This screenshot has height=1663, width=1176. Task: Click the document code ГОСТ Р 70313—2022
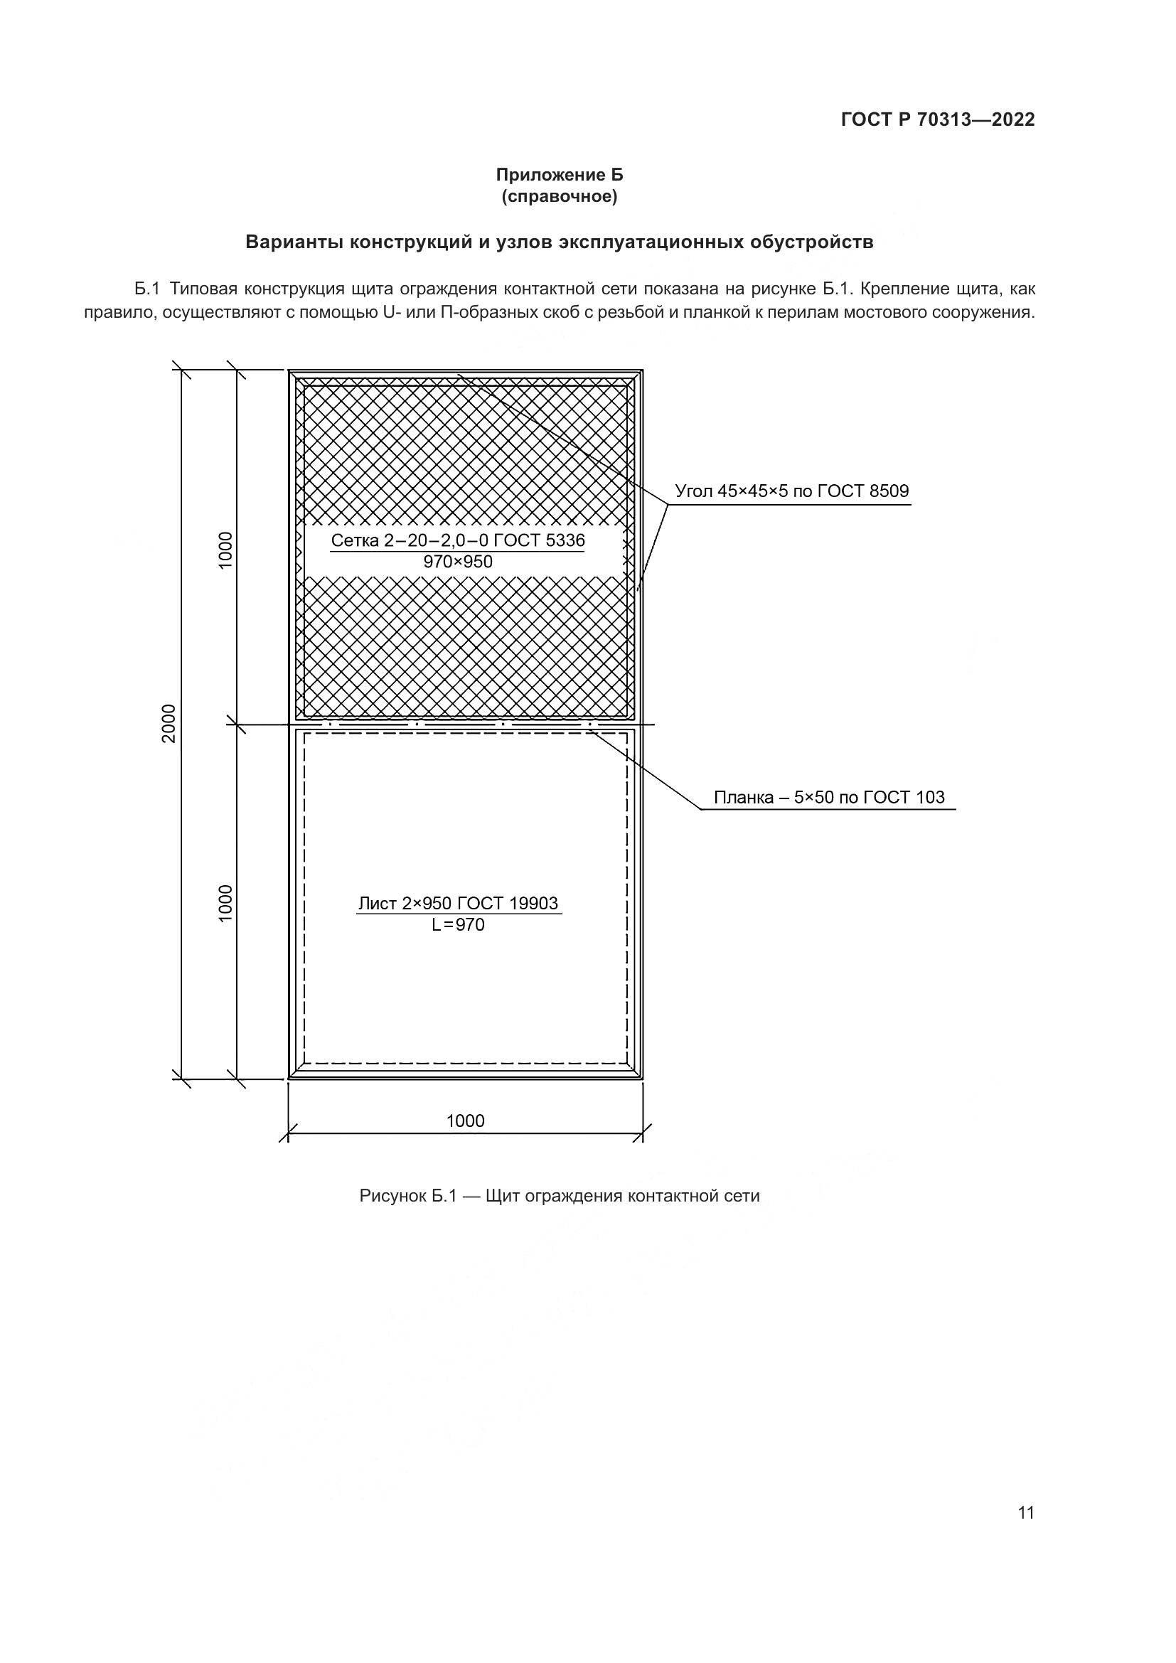pyautogui.click(x=938, y=119)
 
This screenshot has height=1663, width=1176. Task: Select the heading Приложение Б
pyautogui.click(x=559, y=175)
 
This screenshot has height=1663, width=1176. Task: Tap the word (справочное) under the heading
pyautogui.click(x=559, y=196)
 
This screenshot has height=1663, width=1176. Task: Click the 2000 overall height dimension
pyautogui.click(x=169, y=723)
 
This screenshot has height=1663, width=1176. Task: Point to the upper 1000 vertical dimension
pyautogui.click(x=226, y=550)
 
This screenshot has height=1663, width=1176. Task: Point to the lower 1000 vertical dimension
pyautogui.click(x=226, y=902)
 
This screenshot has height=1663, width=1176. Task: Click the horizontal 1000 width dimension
pyautogui.click(x=465, y=1121)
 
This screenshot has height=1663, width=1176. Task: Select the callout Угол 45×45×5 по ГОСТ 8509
pyautogui.click(x=791, y=491)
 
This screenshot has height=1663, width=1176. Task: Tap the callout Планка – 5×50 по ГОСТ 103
pyautogui.click(x=829, y=798)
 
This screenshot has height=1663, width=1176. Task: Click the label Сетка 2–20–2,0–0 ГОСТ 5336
pyautogui.click(x=458, y=540)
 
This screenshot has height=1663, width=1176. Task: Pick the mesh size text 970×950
pyautogui.click(x=458, y=562)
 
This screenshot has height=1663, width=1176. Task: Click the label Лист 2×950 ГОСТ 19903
pyautogui.click(x=459, y=903)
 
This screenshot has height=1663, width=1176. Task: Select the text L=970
pyautogui.click(x=459, y=925)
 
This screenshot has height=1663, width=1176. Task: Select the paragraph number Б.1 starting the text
pyautogui.click(x=146, y=289)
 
